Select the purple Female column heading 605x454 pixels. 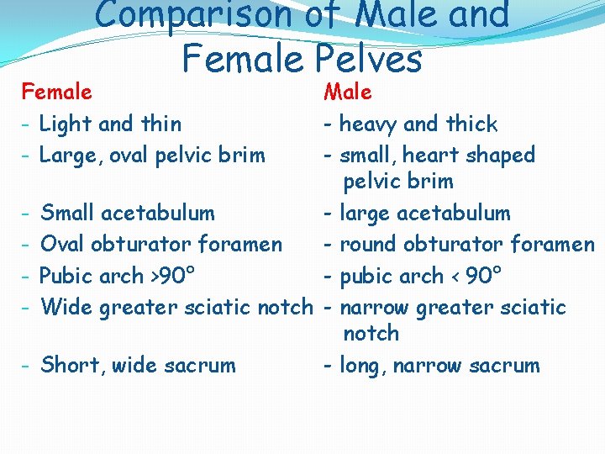coord(57,91)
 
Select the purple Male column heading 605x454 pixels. coord(348,92)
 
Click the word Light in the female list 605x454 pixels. coord(66,124)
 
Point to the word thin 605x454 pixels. coord(161,124)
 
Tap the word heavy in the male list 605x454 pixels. coord(368,124)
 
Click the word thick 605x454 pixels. coord(472,124)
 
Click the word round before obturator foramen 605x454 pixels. coord(369,245)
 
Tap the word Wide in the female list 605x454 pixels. coord(67,308)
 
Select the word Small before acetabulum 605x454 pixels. coord(69,214)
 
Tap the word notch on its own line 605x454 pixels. coord(371,334)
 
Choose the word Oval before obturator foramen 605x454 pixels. coord(65,245)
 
